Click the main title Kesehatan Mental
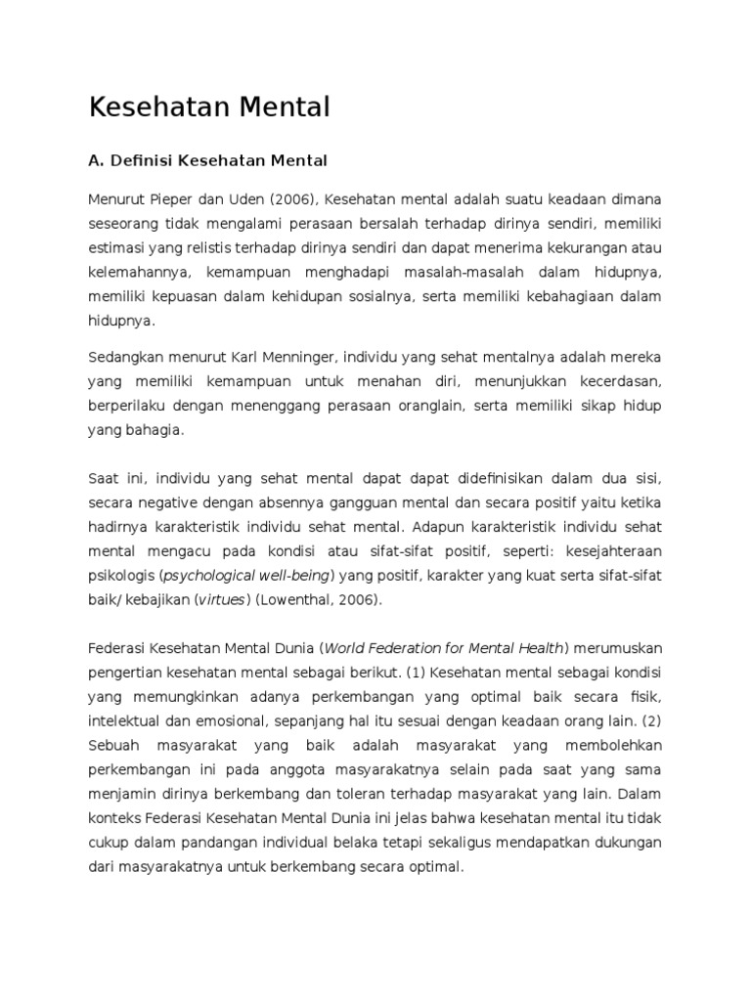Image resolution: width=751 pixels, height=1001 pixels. coord(209,108)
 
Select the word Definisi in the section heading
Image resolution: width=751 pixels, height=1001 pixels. coord(141,160)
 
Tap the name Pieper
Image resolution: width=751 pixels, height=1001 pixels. coord(172,199)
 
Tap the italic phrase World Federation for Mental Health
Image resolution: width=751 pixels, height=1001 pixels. coord(444,648)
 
